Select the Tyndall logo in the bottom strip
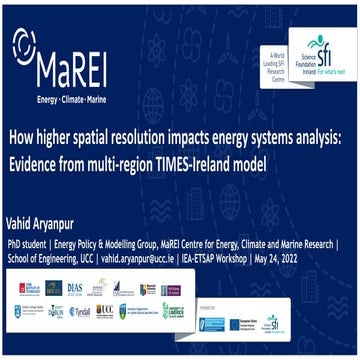point(79,312)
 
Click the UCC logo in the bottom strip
point(103,312)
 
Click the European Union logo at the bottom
point(244,323)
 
